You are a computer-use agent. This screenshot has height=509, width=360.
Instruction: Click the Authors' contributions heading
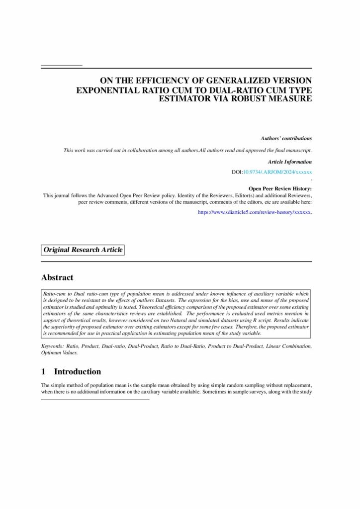286,138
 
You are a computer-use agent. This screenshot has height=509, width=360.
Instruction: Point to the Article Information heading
289,162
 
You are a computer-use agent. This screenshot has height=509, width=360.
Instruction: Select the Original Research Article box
83,250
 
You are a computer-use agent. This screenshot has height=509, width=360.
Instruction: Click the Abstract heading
57,278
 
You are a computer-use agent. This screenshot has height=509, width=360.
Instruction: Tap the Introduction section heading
77,371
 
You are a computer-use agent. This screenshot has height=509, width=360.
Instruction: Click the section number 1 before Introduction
44,371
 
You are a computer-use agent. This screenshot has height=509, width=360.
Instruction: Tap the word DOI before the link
237,172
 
